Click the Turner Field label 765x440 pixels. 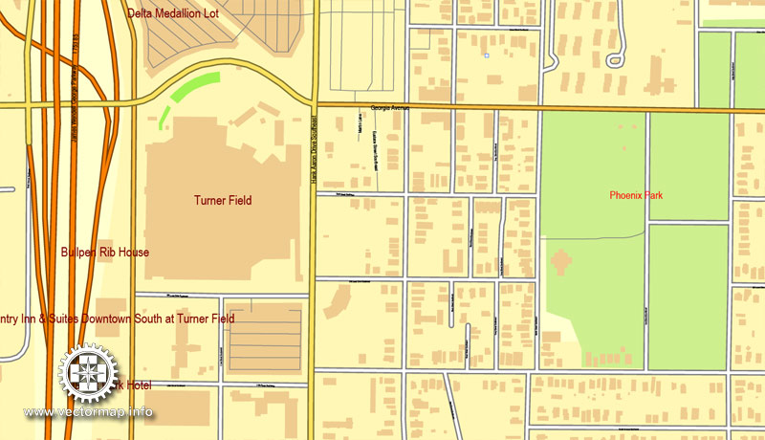[x=222, y=200]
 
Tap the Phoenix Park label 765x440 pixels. [x=636, y=195]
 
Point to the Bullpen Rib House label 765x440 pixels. [x=104, y=253]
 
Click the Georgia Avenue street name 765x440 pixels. [x=389, y=108]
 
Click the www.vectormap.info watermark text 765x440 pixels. [x=88, y=412]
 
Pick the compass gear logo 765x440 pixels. [x=87, y=374]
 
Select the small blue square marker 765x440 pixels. [x=487, y=56]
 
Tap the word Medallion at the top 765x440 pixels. [x=187, y=12]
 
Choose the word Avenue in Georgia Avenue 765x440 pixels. [x=397, y=108]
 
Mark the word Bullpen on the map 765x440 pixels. [x=78, y=253]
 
